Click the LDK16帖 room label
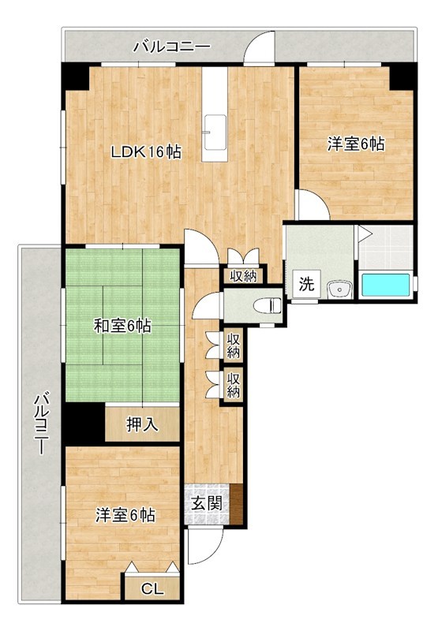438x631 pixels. pos(146,151)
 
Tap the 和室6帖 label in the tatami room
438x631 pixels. pos(122,326)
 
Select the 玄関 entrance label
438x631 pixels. pos(207,504)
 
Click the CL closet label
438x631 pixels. pos(152,589)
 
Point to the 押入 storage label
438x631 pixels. pos(143,424)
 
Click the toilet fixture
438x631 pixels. pos(268,306)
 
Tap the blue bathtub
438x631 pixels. pos(386,285)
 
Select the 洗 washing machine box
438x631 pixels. pos(306,284)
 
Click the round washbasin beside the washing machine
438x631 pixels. pos(340,289)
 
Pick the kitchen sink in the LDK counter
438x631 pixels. pos(215,132)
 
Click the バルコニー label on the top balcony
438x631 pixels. pos(172,47)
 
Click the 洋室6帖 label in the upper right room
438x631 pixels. pos(356,144)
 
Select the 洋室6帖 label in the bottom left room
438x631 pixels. pos(125,515)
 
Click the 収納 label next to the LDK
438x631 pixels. pos(244,276)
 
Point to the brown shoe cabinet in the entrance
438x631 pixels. pos(237,505)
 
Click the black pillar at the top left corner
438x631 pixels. pos(75,77)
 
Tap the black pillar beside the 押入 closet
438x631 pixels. pos(84,424)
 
